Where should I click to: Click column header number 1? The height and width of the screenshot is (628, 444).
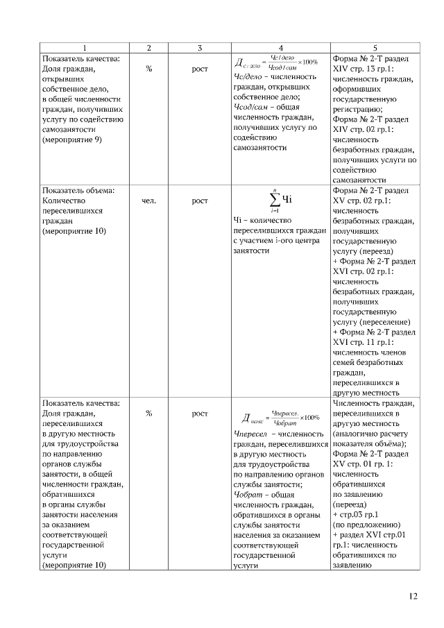pyautogui.click(x=84, y=48)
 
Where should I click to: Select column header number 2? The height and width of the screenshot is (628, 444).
pyautogui.click(x=148, y=48)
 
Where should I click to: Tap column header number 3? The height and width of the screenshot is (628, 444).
pyautogui.click(x=199, y=48)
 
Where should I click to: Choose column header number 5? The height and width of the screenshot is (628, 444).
pyautogui.click(x=375, y=48)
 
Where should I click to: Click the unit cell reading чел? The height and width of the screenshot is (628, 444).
pyautogui.click(x=148, y=201)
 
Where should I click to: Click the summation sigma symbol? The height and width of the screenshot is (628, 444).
pyautogui.click(x=275, y=200)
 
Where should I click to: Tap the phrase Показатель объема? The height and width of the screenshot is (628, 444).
pyautogui.click(x=78, y=190)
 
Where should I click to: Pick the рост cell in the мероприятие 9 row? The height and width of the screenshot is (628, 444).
pyautogui.click(x=199, y=69)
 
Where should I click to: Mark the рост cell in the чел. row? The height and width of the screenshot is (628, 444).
pyautogui.click(x=199, y=201)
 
